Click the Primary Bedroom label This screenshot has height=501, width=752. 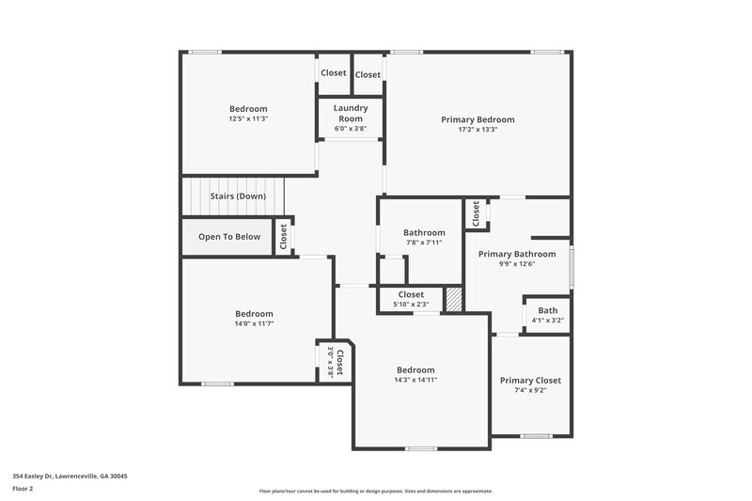click(478, 119)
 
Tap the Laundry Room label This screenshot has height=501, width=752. click(350, 114)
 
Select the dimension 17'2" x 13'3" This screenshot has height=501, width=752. click(478, 130)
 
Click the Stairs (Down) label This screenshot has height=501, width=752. click(238, 196)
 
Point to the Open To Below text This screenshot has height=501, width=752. click(229, 237)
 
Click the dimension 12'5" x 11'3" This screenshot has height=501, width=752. click(248, 119)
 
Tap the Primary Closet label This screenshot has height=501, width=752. click(530, 380)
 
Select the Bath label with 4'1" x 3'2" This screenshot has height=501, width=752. click(548, 310)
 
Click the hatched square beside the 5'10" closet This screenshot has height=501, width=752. click(454, 300)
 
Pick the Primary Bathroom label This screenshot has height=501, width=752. click(517, 254)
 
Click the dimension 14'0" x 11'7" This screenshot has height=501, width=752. click(254, 323)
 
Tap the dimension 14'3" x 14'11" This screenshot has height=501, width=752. click(415, 380)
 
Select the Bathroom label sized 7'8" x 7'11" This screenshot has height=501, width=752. click(424, 232)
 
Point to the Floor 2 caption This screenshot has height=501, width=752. click(23, 489)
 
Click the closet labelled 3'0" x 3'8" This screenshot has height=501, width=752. click(336, 363)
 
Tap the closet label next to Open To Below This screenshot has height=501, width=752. click(284, 237)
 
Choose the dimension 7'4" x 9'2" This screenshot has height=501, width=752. click(530, 390)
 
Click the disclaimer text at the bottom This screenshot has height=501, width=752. click(376, 491)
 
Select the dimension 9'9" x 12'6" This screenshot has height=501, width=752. click(517, 264)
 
